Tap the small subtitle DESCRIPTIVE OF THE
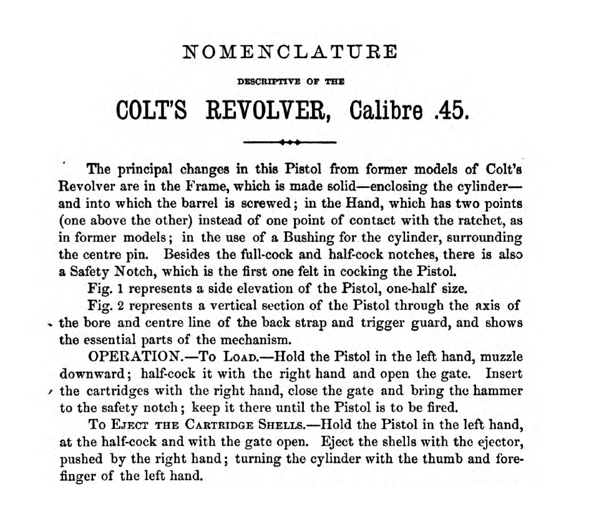pos(291,81)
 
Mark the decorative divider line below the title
pos(291,142)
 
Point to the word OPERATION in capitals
pos(132,358)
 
